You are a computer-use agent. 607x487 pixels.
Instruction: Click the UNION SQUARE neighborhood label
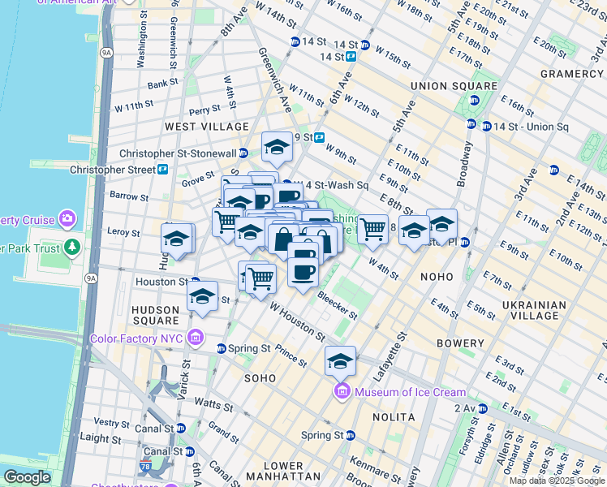click(x=454, y=86)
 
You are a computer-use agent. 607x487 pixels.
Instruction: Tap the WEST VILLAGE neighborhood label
click(x=206, y=127)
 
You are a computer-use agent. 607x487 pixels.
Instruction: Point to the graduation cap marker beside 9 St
click(x=277, y=147)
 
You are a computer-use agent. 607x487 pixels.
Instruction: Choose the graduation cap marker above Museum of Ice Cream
click(x=340, y=360)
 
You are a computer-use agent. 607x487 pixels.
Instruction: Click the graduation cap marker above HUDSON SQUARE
click(x=202, y=295)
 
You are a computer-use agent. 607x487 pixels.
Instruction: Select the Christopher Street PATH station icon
click(x=163, y=170)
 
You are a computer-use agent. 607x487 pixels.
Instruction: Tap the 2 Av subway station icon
click(x=481, y=407)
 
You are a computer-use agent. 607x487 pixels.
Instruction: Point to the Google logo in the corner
click(x=27, y=477)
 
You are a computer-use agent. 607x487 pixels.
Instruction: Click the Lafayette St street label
click(x=402, y=346)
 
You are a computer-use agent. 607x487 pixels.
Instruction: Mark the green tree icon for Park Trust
click(x=73, y=246)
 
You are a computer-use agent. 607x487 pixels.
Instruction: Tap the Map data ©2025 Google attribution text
click(x=557, y=481)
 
